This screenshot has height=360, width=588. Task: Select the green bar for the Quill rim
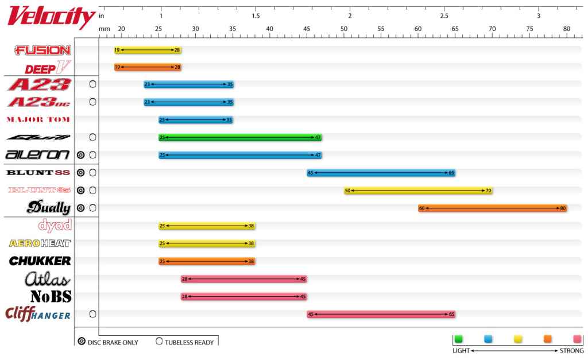pyautogui.click(x=240, y=138)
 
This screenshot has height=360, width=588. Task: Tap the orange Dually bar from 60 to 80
pyautogui.click(x=493, y=208)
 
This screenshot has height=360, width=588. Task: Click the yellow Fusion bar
pyautogui.click(x=148, y=50)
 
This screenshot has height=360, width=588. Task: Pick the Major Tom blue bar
pyautogui.click(x=196, y=120)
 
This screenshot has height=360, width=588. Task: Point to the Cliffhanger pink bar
pyautogui.click(x=381, y=314)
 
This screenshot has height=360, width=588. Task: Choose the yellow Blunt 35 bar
pyautogui.click(x=418, y=191)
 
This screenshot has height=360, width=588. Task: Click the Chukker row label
pyautogui.click(x=40, y=261)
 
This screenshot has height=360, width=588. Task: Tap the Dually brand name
pyautogui.click(x=48, y=208)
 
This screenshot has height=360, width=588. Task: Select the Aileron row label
pyautogui.click(x=38, y=155)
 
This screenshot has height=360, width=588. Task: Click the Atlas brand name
pyautogui.click(x=48, y=280)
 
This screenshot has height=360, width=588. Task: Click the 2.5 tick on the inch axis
pyautogui.click(x=444, y=16)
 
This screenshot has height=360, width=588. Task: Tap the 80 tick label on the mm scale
pyautogui.click(x=567, y=28)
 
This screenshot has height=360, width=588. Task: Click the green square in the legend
pyautogui.click(x=458, y=339)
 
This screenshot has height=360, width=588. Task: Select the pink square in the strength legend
pyautogui.click(x=577, y=339)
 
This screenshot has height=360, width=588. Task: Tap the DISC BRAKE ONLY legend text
pyautogui.click(x=113, y=343)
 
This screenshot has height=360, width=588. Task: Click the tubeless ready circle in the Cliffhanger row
pyautogui.click(x=92, y=314)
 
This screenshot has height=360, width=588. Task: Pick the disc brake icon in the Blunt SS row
pyautogui.click(x=81, y=172)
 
